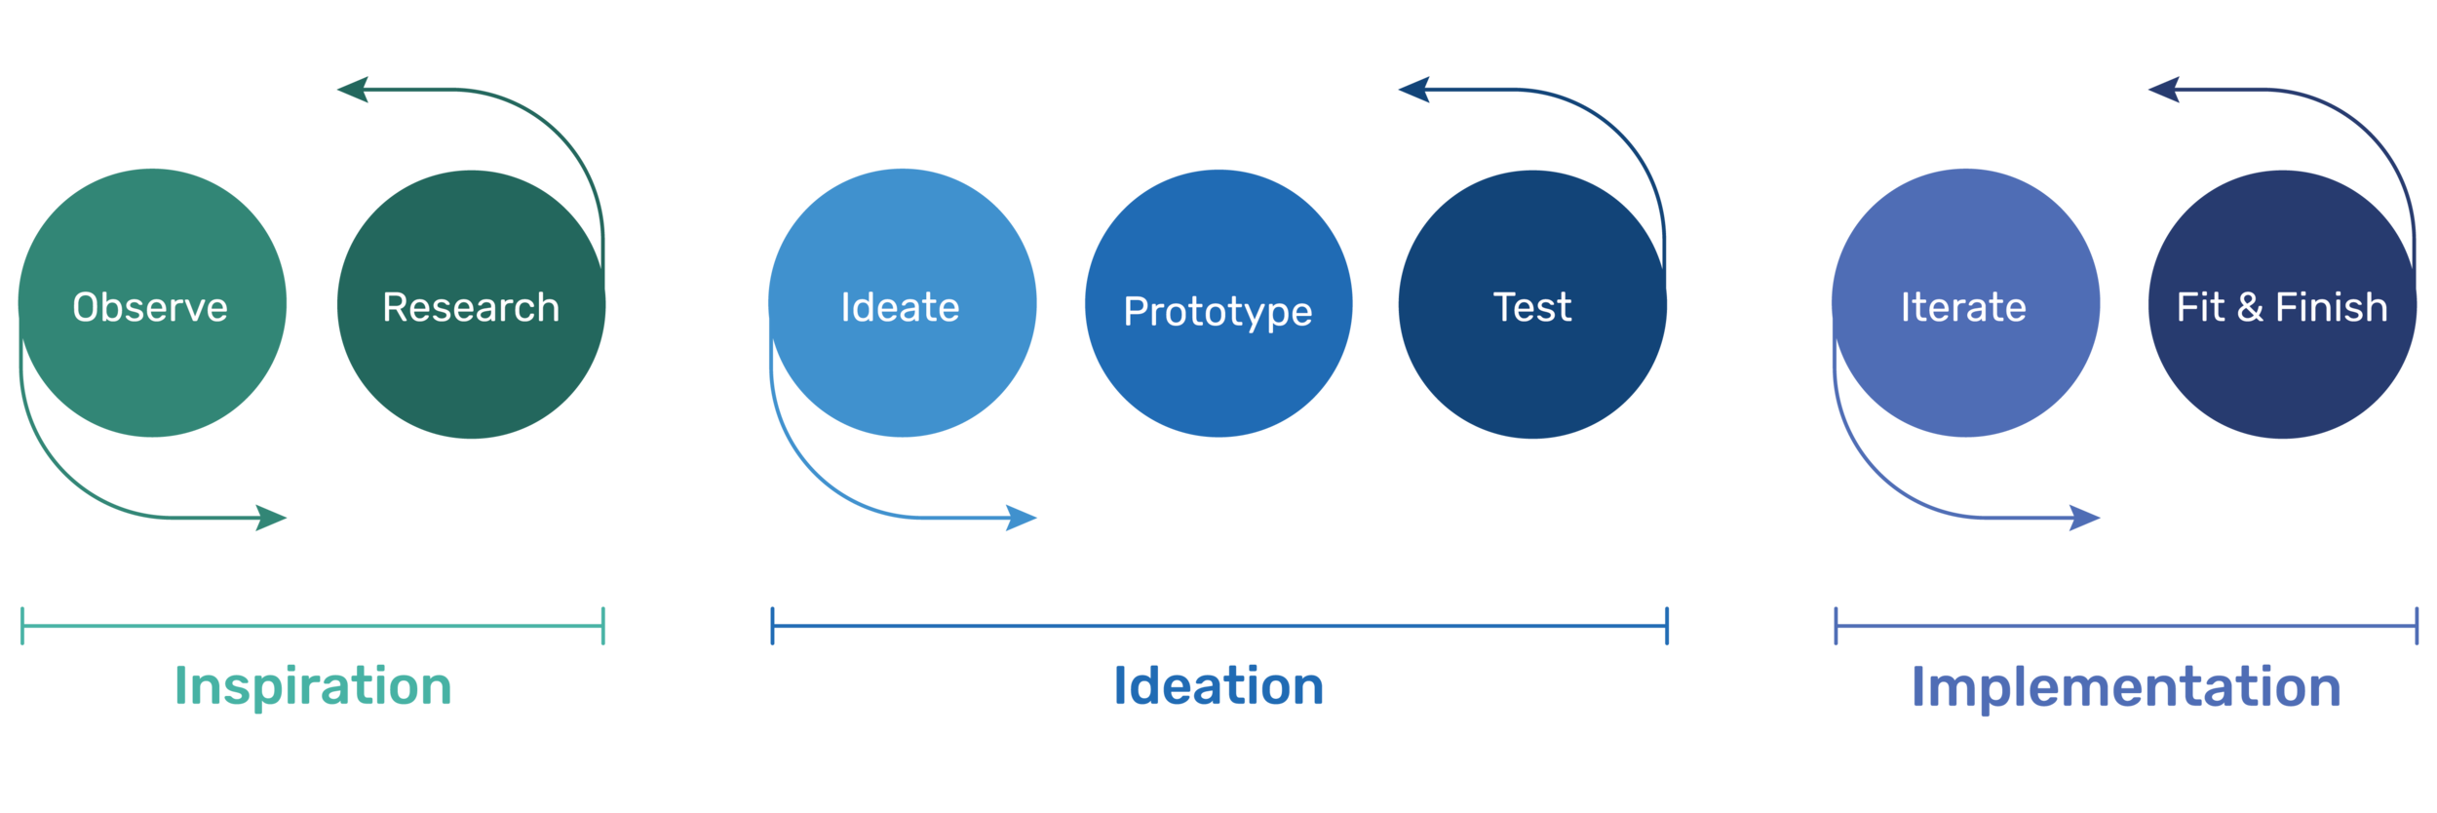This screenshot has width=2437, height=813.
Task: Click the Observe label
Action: point(150,308)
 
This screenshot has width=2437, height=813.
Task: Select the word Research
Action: point(471,308)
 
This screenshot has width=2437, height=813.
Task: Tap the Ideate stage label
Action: point(900,308)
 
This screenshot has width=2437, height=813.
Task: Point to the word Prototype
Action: point(1218,312)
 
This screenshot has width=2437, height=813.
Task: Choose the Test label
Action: point(1532,308)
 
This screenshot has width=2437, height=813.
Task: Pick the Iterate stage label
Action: point(1963,308)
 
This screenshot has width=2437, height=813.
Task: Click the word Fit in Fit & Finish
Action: point(2200,308)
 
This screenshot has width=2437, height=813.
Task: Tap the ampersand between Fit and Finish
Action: point(2250,308)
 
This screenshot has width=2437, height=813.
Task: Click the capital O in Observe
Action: point(86,308)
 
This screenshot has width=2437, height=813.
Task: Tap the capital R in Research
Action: point(395,308)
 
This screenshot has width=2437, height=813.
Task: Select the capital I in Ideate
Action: point(845,308)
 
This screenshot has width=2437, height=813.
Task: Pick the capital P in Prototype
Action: point(1136,312)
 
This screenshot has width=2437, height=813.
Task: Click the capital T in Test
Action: point(1505,308)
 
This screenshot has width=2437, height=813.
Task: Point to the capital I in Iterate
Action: point(1905,308)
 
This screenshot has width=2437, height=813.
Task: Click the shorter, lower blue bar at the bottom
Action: point(1513,691)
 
